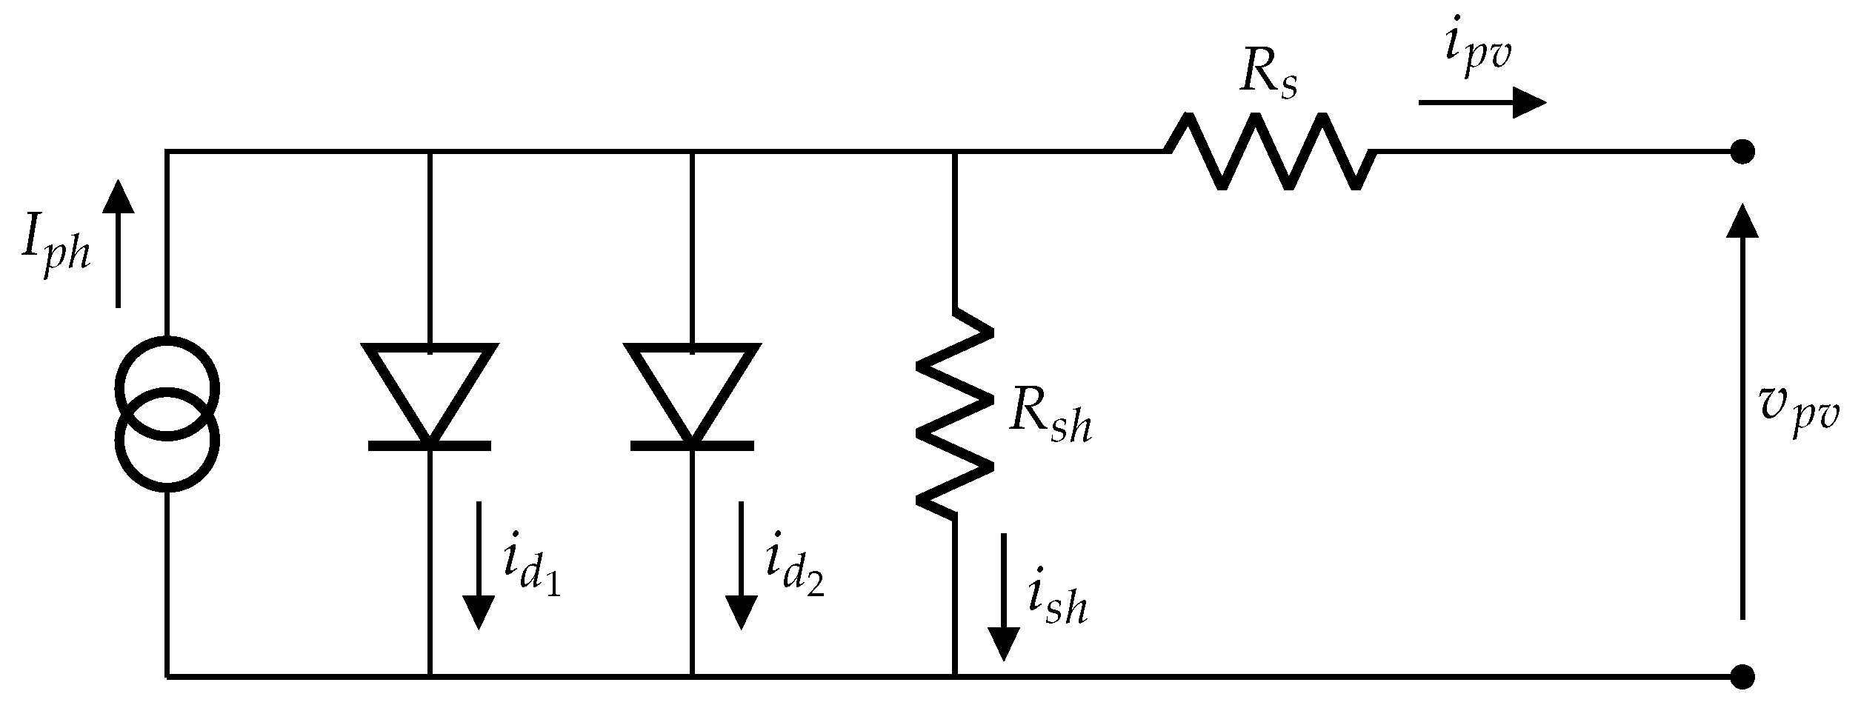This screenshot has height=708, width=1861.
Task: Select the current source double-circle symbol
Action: click(x=167, y=413)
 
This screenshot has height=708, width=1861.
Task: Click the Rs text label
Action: click(x=1268, y=77)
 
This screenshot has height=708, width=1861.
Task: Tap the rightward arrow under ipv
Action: click(x=1482, y=102)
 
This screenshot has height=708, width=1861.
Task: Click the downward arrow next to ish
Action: click(x=1005, y=597)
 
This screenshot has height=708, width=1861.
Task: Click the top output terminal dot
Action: click(x=1742, y=152)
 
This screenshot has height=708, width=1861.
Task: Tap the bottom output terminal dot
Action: click(x=1742, y=676)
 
